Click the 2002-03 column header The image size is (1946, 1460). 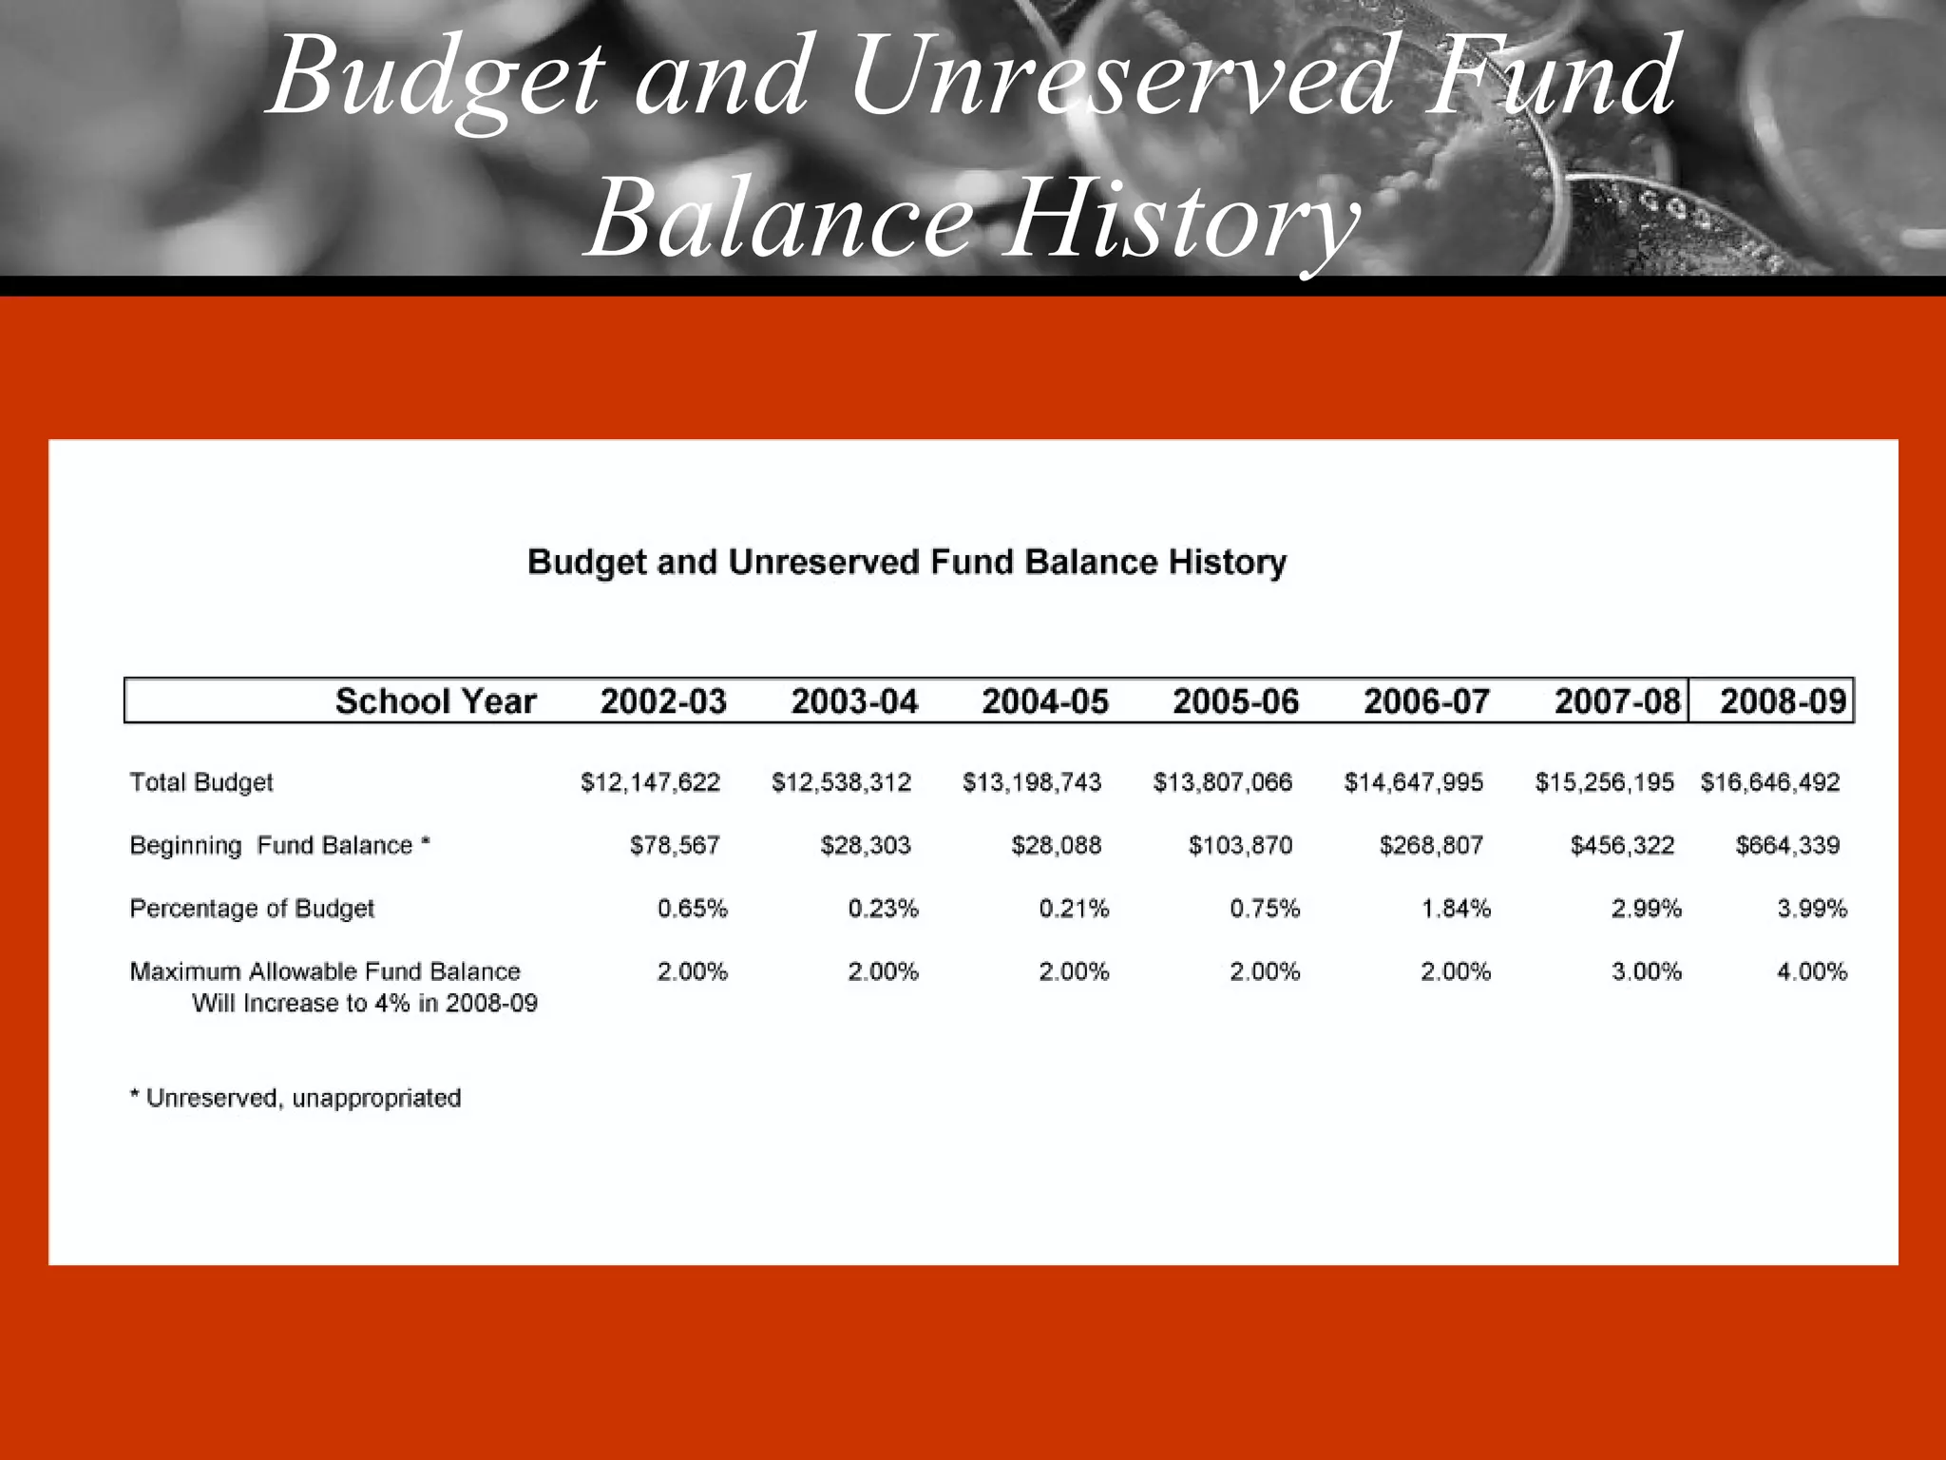(x=663, y=701)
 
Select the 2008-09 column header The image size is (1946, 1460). (x=1783, y=701)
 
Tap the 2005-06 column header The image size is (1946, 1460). (x=1235, y=701)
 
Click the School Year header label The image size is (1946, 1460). (x=435, y=701)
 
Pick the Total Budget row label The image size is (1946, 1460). (x=201, y=782)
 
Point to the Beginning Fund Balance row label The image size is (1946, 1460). (x=280, y=845)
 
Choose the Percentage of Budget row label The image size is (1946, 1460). (x=252, y=909)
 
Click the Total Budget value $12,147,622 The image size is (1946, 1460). (x=651, y=782)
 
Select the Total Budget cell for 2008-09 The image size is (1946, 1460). (x=1770, y=782)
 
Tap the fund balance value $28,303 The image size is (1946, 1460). (x=866, y=845)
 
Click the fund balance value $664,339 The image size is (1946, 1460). (x=1787, y=845)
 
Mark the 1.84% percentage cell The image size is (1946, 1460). (x=1456, y=909)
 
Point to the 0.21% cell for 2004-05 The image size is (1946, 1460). (x=1074, y=909)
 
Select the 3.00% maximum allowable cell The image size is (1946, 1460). (x=1647, y=971)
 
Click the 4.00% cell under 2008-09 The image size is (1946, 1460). (x=1812, y=971)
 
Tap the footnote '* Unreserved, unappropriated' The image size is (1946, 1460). (x=296, y=1098)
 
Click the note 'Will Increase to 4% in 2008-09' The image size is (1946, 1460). (x=365, y=1003)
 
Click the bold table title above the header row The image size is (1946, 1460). (x=906, y=562)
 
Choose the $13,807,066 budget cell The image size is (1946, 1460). (x=1223, y=782)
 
